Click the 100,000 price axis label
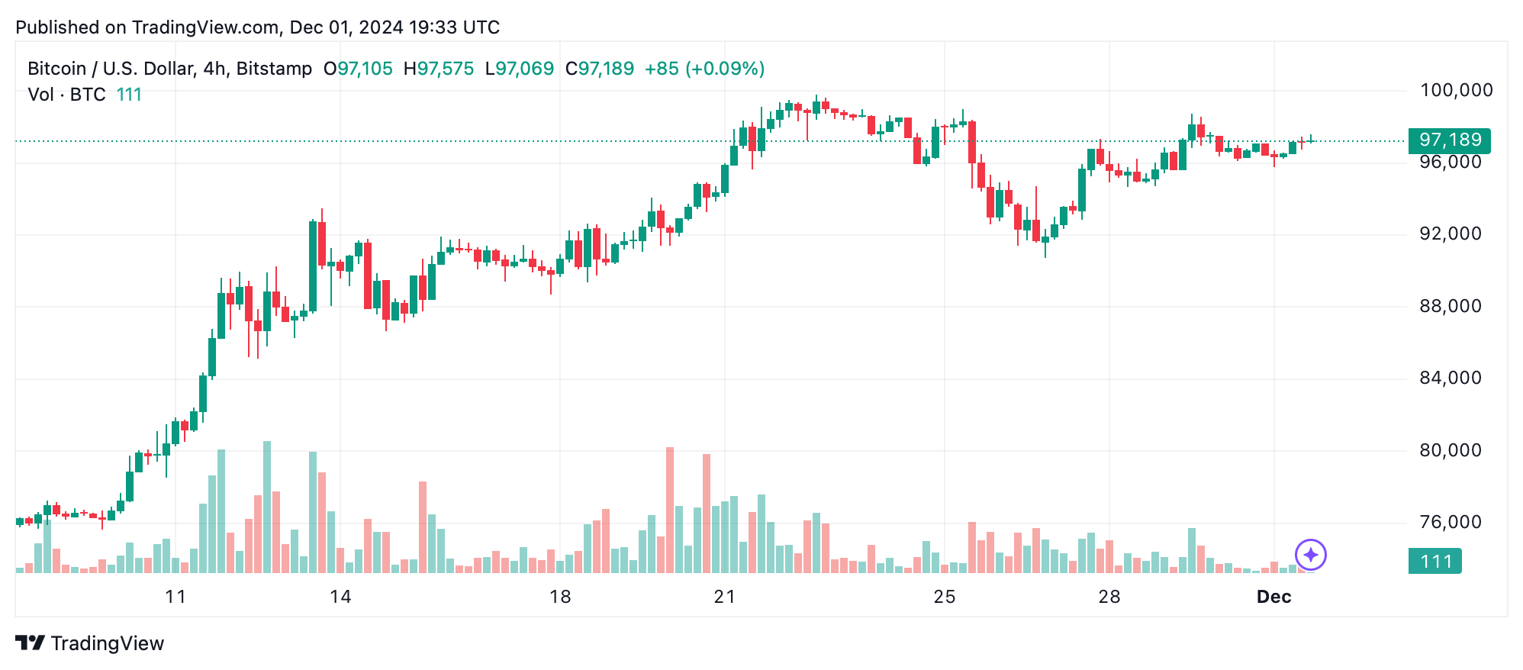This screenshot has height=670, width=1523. coord(1456,91)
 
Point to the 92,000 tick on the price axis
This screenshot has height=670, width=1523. coord(1450,234)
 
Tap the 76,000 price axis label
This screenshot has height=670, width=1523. coord(1450,523)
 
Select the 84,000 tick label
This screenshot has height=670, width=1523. coord(1450,378)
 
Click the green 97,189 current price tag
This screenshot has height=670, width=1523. coord(1449,140)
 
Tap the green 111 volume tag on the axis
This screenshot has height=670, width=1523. coord(1434,562)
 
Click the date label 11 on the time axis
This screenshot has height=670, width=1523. coord(175,597)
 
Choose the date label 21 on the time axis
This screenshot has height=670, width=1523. coord(724,597)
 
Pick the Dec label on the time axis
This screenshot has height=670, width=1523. coord(1273,597)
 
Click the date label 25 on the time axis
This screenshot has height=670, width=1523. coord(944,597)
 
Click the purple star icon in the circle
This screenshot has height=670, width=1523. coord(1310,555)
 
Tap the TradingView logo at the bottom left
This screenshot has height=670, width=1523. coord(90,643)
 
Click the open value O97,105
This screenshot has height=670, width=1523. coord(358,69)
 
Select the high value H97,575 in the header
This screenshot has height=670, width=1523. coord(439,69)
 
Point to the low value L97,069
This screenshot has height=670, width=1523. coord(520,69)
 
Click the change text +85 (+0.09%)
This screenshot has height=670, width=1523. coord(704,69)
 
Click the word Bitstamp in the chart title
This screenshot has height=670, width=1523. coord(274,69)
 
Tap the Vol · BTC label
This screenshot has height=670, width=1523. coord(67,95)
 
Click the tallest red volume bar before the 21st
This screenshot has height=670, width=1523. coord(670,510)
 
